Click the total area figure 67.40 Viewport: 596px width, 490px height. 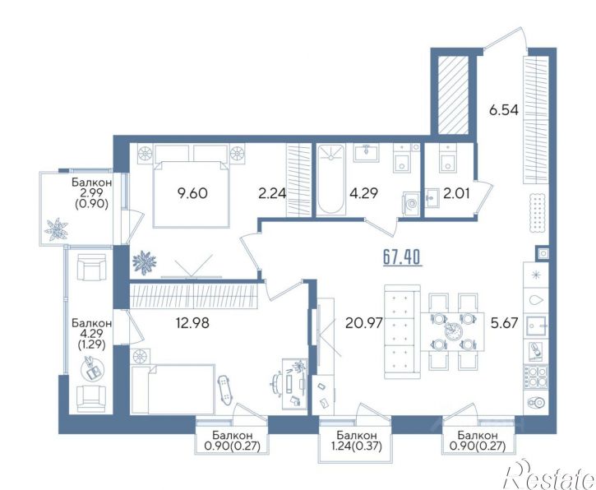(401, 257)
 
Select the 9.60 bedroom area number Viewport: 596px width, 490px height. (192, 193)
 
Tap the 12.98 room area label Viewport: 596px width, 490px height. (192, 323)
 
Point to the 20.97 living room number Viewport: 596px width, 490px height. (363, 323)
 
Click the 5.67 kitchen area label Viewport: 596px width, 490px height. (505, 323)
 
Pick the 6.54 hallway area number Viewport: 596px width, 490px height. (504, 110)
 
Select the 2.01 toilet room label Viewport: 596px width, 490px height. (455, 193)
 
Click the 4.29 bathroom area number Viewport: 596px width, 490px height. (364, 193)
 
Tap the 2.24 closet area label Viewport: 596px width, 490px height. (272, 193)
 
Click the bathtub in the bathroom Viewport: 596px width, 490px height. (330, 179)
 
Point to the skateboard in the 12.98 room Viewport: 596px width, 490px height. (224, 390)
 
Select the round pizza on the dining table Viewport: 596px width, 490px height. (452, 331)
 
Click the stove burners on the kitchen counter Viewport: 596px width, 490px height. (535, 377)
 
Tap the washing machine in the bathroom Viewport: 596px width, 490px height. (410, 203)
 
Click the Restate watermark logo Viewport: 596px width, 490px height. (549, 474)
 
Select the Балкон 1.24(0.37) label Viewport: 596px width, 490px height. (357, 440)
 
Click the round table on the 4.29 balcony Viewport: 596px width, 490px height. (91, 367)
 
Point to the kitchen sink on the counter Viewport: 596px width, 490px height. (535, 326)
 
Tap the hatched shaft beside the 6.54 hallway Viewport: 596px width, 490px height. (453, 95)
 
